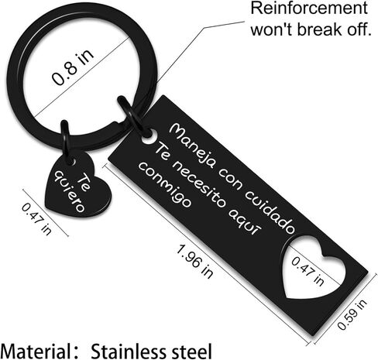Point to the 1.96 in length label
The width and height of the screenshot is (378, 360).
pyautogui.click(x=195, y=262)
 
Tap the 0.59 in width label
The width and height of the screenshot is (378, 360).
pyautogui.click(x=352, y=314)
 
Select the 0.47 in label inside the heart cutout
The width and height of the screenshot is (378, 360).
pyautogui.click(x=308, y=272)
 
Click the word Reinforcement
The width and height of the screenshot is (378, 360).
pyautogui.click(x=309, y=9)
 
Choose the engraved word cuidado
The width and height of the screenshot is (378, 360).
pyautogui.click(x=270, y=211)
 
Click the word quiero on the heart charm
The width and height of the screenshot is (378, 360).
pyautogui.click(x=69, y=191)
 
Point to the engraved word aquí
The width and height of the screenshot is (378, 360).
pyautogui.click(x=246, y=221)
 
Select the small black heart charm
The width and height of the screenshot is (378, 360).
pyautogui.click(x=77, y=184)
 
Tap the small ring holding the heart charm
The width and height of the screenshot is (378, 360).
pyautogui.click(x=65, y=141)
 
